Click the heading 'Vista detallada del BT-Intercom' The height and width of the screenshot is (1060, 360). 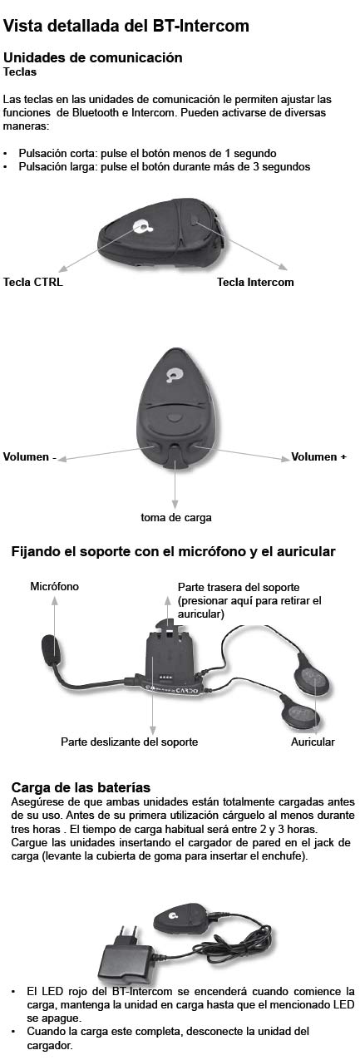(x=126, y=26)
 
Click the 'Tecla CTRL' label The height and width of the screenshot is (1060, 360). (x=32, y=282)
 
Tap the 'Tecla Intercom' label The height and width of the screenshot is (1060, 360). (x=255, y=282)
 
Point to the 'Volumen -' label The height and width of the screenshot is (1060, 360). (x=29, y=456)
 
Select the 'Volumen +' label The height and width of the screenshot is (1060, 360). (x=318, y=456)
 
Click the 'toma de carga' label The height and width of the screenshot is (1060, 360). (x=176, y=518)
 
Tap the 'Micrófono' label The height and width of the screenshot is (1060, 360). (x=54, y=586)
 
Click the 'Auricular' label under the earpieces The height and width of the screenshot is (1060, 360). (x=313, y=742)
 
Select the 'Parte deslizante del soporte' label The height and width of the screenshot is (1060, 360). (x=129, y=742)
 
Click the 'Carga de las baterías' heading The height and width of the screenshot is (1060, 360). (x=81, y=787)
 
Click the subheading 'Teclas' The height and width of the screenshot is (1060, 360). (x=20, y=72)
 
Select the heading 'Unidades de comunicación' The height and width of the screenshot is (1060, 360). (x=93, y=57)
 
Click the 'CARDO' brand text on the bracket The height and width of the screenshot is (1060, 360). (x=186, y=690)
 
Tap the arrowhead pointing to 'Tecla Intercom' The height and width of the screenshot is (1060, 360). (x=283, y=267)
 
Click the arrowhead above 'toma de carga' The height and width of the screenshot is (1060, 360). (x=175, y=505)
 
